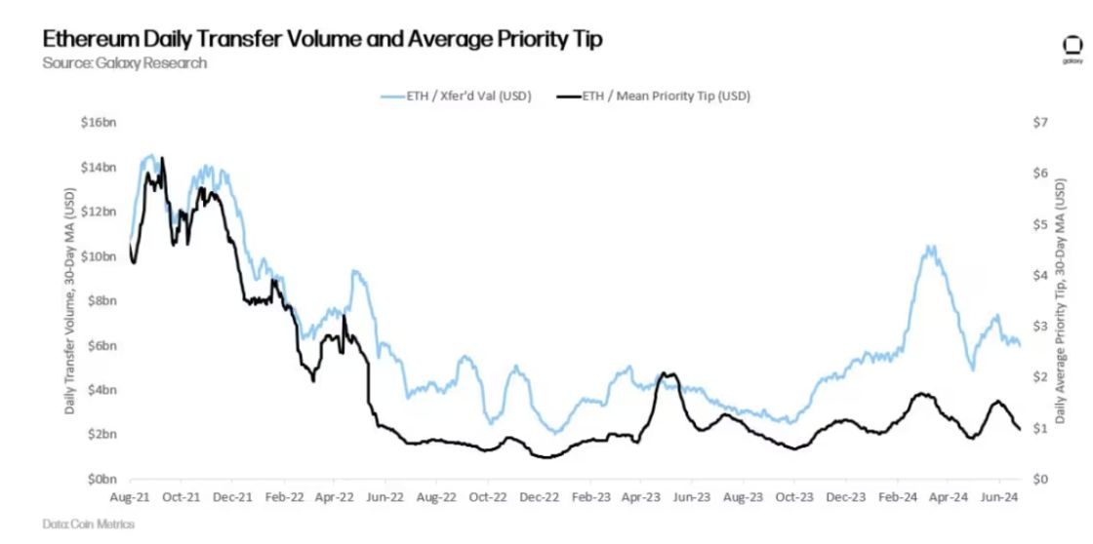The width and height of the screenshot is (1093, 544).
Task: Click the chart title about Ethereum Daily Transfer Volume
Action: (x=322, y=39)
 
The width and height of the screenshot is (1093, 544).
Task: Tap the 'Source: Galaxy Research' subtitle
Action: (x=125, y=63)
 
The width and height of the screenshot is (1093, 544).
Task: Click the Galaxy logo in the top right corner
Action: (x=1071, y=49)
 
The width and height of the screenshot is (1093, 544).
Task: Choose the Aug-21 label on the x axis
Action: (x=130, y=497)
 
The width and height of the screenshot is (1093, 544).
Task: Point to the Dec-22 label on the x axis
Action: (x=538, y=497)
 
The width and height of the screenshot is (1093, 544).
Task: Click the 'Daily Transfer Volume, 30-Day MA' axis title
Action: (x=70, y=300)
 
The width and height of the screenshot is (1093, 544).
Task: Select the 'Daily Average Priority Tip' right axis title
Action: (x=1069, y=300)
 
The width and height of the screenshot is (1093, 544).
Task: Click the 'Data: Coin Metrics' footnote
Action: (x=89, y=525)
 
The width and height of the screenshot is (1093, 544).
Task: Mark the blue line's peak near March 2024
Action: (x=930, y=247)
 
